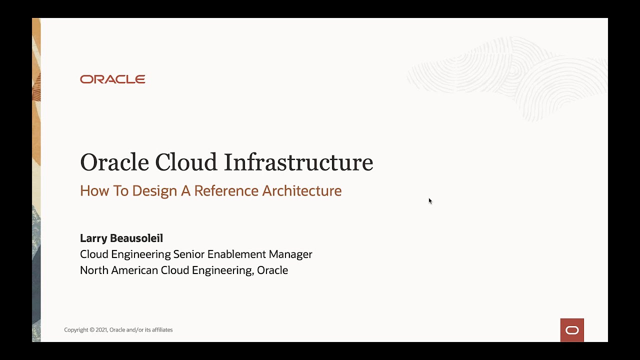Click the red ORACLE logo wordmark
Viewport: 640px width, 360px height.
[x=112, y=79]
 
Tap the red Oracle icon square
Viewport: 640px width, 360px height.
[x=572, y=330]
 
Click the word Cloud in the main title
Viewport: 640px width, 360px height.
[x=186, y=162]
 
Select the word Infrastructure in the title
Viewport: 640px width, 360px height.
[x=298, y=162]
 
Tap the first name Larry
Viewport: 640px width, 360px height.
[x=93, y=238]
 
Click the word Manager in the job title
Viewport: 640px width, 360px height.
[x=290, y=254]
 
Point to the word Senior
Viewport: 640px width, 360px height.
[x=188, y=254]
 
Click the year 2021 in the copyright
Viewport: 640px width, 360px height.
[x=101, y=330]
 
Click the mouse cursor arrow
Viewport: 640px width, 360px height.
[x=429, y=200]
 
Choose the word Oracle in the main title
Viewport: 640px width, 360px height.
[x=114, y=162]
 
